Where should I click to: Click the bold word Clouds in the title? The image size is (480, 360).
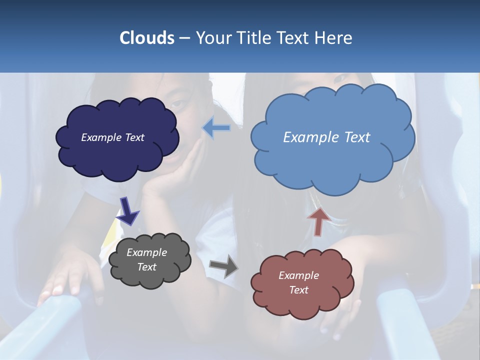click(147, 38)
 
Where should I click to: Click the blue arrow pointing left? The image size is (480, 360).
click(216, 128)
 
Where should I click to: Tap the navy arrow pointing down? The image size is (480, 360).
click(127, 210)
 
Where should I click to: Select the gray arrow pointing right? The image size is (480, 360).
click(223, 265)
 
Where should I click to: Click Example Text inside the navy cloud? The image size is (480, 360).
click(112, 137)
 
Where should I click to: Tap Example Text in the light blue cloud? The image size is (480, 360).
click(326, 137)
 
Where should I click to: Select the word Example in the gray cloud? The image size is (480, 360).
click(146, 252)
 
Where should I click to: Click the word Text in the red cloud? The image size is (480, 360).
click(298, 290)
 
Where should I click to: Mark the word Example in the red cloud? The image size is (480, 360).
click(298, 275)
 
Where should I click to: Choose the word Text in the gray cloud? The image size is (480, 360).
click(146, 267)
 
